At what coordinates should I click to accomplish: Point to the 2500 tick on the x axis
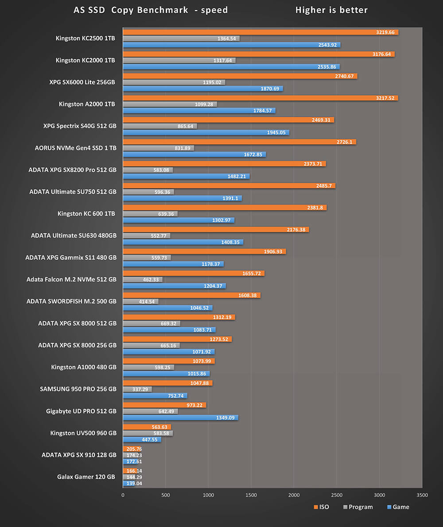336,495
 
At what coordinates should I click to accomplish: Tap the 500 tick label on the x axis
165,495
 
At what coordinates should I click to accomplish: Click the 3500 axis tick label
422,495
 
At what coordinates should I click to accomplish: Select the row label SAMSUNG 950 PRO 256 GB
78,389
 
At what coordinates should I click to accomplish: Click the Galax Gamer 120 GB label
86,477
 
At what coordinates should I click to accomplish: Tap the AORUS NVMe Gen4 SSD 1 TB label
75,148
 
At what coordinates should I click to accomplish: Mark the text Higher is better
331,10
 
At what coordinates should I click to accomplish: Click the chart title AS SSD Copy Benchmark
151,10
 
